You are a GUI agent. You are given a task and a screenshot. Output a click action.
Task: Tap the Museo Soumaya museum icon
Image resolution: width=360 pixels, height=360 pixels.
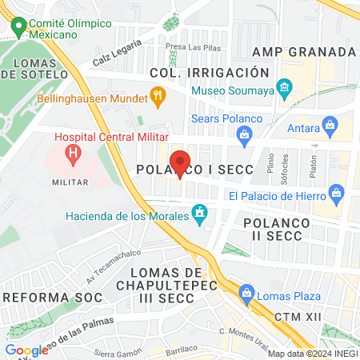pos(283,86)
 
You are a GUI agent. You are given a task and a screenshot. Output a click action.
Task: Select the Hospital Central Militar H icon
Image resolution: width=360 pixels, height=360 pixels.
pos(74,152)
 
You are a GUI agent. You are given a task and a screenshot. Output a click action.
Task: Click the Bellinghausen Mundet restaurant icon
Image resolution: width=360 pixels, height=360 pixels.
pos(158,100)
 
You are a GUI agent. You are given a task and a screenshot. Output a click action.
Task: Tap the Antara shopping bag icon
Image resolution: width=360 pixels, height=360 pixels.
pos(329,124)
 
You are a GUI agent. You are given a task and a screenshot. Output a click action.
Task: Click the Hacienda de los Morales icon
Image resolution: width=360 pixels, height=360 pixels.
pos(200,214)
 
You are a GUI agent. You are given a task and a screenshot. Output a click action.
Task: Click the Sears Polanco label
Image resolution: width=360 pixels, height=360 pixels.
pos(227,119)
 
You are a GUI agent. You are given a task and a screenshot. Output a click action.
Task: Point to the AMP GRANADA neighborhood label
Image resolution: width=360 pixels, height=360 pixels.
pos(303,52)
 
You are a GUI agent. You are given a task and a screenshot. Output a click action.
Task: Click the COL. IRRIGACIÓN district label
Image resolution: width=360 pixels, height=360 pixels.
pos(196,73)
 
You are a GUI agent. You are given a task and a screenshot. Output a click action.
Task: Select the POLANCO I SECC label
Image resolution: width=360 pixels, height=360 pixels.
pos(194,170)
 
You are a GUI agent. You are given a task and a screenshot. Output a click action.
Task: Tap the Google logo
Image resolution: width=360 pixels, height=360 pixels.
pos(26,350)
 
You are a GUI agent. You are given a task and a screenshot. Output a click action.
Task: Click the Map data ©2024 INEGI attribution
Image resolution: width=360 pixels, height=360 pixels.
pos(312,354)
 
